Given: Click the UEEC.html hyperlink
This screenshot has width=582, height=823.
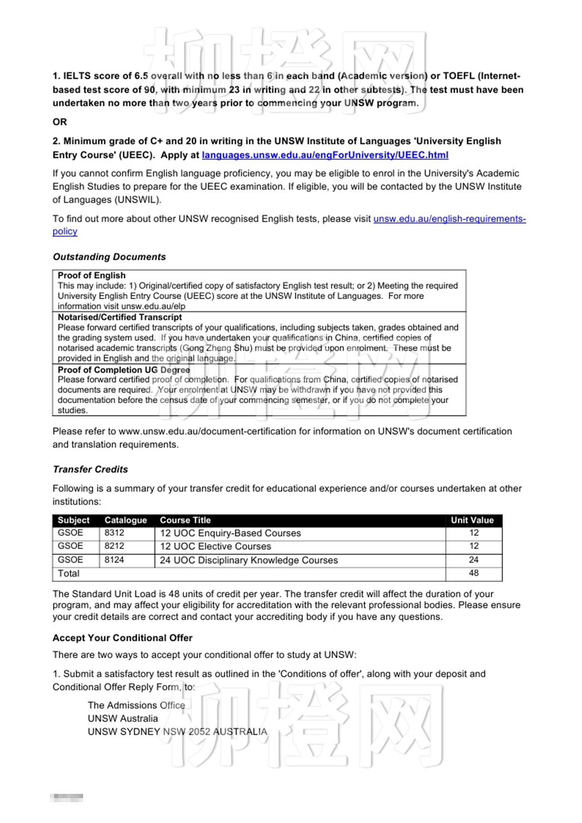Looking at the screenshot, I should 325,155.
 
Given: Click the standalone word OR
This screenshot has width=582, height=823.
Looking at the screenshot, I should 59,122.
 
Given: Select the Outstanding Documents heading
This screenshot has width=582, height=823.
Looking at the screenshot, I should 109,257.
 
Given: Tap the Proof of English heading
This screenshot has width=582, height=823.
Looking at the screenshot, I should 91,275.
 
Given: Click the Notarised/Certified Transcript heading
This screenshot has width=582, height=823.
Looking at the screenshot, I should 120,317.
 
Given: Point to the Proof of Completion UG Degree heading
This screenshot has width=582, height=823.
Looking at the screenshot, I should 124,370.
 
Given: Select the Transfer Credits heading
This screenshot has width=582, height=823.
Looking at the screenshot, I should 90,469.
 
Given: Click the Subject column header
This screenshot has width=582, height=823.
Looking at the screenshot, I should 74,520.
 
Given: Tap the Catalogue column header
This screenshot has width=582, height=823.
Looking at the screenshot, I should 126,520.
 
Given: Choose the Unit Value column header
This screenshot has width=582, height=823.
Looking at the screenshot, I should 472,520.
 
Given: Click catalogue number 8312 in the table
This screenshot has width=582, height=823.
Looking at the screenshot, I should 114,533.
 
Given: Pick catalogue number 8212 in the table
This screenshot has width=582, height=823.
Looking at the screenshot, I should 114,546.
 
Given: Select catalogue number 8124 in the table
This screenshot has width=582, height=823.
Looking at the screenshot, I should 114,560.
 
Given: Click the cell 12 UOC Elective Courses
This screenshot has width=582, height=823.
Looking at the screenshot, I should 215,546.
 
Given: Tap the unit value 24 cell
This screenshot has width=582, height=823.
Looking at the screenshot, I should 473,560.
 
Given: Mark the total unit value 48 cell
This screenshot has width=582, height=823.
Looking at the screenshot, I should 473,573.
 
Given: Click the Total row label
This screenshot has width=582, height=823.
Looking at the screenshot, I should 69,574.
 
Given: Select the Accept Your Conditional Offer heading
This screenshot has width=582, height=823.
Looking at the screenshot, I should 123,638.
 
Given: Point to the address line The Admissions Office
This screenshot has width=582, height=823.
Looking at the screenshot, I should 136,705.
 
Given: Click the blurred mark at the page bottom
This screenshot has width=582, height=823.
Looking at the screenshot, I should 67,798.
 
